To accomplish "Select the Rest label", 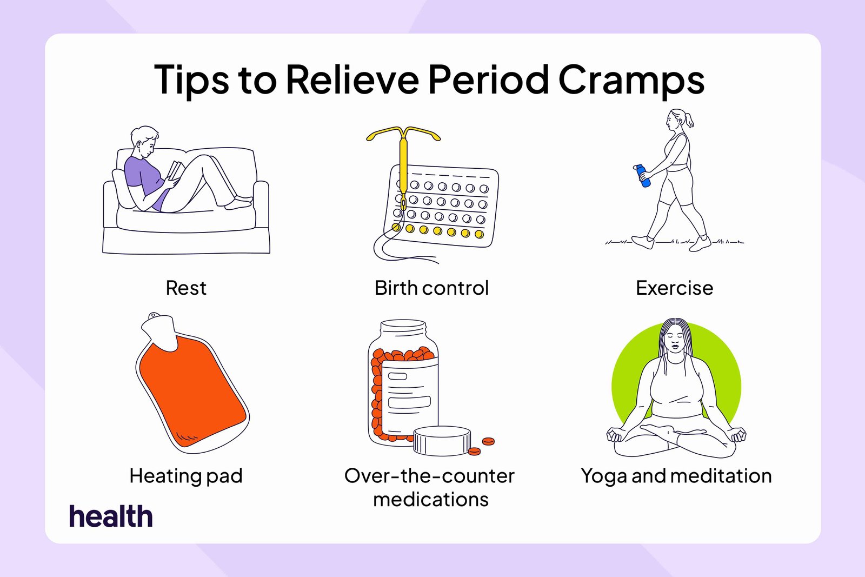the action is coord(186,288).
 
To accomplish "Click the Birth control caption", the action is coord(432,288).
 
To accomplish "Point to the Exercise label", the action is coord(674,288).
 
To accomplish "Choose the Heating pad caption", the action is coord(186,476).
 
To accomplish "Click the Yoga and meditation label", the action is coord(676,476).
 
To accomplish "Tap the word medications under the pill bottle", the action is coord(431,499).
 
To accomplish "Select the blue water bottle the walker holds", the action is coord(642,176).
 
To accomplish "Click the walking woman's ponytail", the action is coord(689,120).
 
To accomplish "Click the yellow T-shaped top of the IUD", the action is coord(403,135).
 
